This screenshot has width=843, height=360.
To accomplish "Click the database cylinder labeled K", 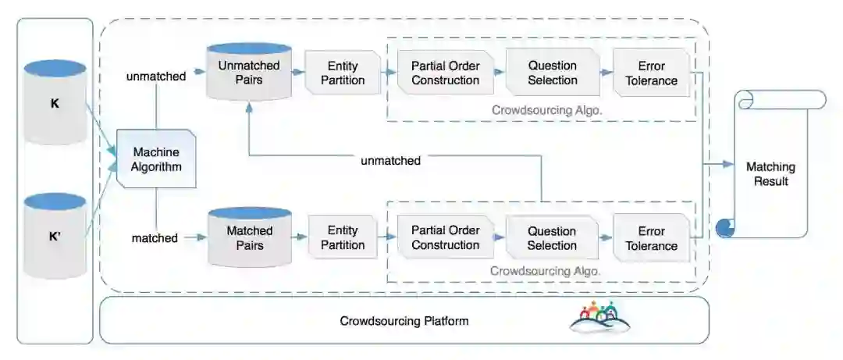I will [55, 102].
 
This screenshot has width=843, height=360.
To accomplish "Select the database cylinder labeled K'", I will [55, 236].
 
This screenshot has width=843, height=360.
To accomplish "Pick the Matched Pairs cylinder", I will [249, 237].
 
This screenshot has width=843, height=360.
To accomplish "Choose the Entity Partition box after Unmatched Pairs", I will [343, 73].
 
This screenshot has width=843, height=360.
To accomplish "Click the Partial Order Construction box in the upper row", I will [445, 73].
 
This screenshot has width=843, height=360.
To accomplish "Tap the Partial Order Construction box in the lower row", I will [445, 237].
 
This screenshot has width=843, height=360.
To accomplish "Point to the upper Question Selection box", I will [552, 73].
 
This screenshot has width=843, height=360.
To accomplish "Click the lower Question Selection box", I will [552, 237].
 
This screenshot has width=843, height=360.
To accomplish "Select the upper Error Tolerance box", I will [651, 73].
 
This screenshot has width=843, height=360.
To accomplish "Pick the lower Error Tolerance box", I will [651, 238].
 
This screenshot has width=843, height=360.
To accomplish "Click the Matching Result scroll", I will [770, 173].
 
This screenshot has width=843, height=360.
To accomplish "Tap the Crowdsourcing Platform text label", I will [404, 321].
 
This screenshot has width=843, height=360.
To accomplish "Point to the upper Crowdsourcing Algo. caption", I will [546, 110].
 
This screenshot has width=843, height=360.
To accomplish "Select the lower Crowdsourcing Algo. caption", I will [545, 271].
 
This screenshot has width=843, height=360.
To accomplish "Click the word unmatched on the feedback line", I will [390, 161].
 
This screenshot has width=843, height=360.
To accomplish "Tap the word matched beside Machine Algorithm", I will [155, 237].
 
